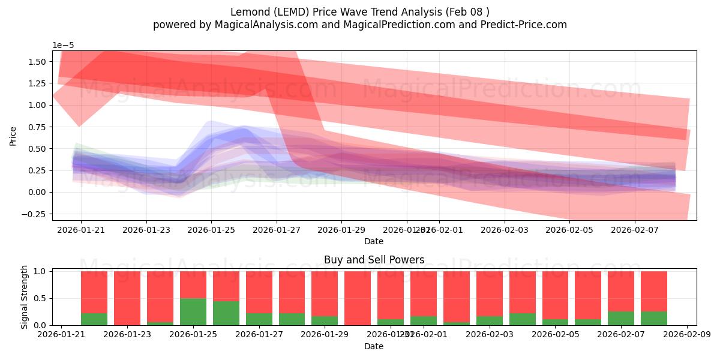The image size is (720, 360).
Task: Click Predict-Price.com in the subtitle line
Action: pos(522,25)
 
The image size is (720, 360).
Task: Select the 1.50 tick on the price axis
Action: pos(40,62)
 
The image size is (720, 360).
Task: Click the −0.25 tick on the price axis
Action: pos(38,214)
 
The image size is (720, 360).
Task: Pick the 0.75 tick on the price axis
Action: pos(40,127)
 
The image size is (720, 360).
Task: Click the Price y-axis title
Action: pos(13,136)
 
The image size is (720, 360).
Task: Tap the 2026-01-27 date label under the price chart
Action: pos(277,230)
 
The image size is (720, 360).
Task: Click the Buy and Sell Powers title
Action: pos(374,260)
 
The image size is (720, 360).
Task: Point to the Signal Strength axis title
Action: pos(25,297)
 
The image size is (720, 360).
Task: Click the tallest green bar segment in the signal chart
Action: pos(193,311)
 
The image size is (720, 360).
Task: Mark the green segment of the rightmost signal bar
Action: pos(654,318)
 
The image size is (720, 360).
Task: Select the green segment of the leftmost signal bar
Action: pos(94,319)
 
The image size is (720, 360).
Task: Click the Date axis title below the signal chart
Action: pos(374,346)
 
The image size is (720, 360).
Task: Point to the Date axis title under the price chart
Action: pos(374,241)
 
